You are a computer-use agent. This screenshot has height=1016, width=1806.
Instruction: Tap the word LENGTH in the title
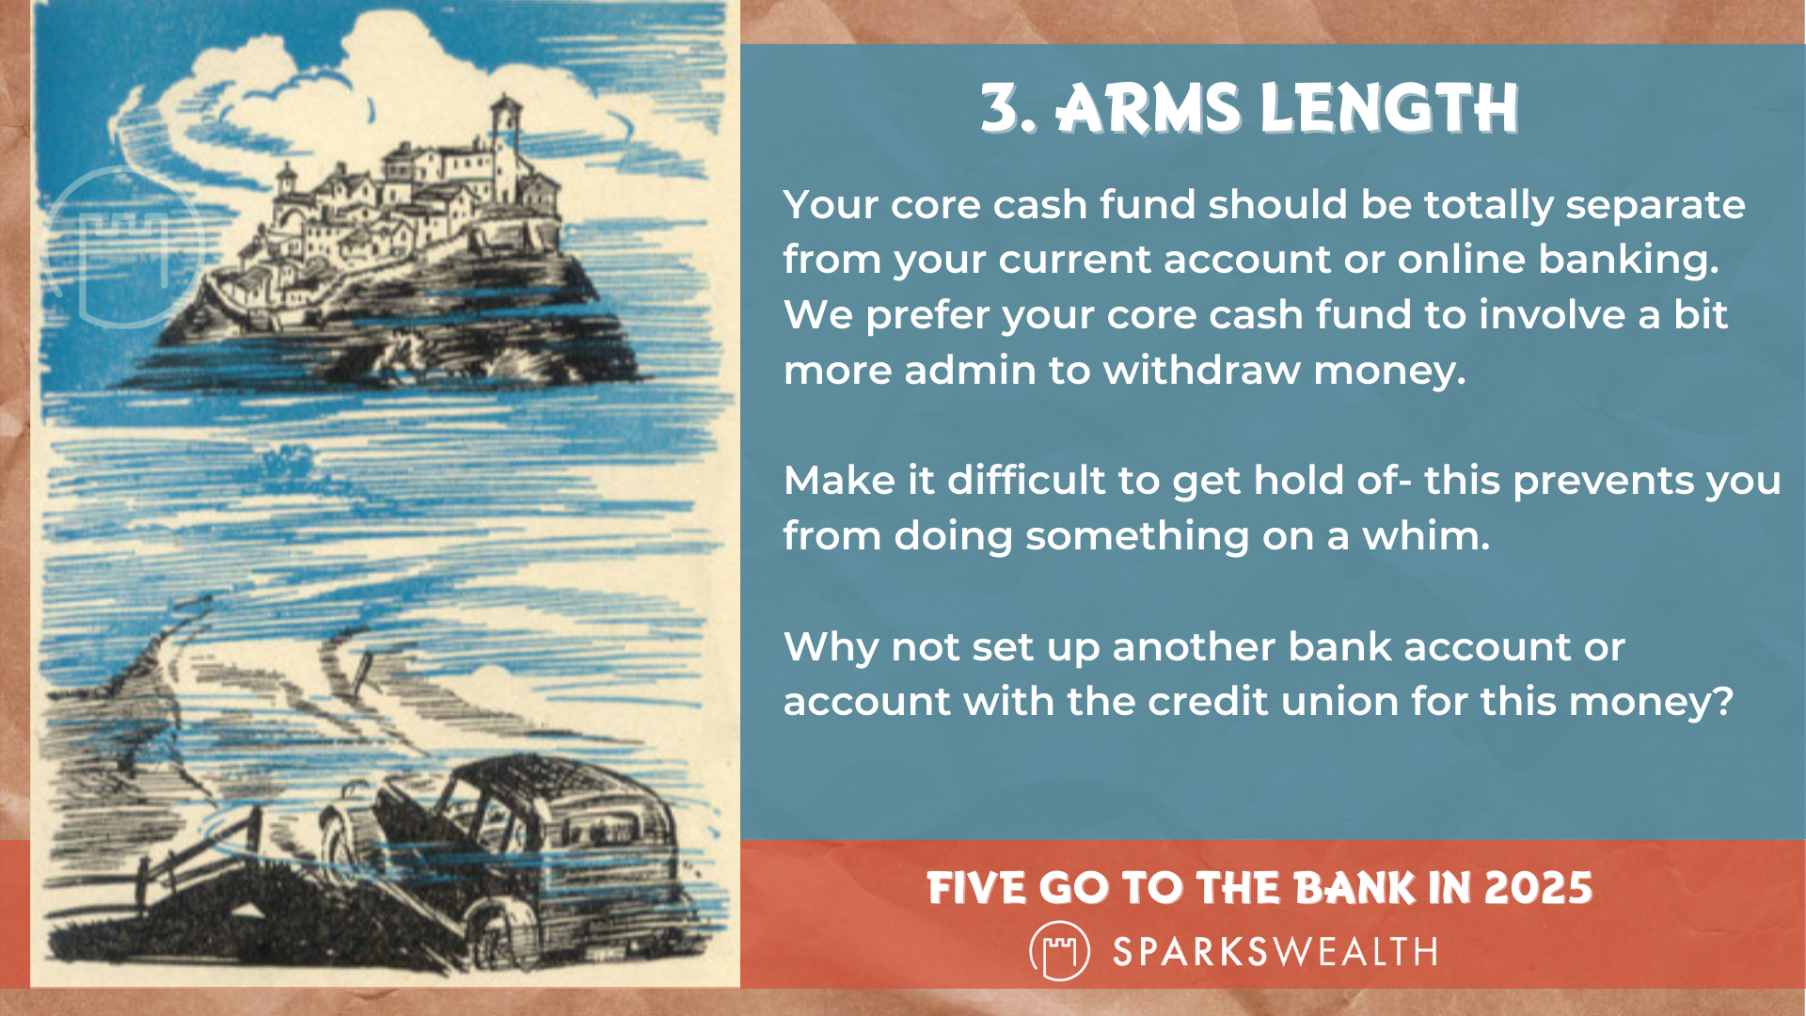click(1389, 108)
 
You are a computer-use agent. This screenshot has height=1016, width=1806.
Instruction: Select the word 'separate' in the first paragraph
click(1655, 205)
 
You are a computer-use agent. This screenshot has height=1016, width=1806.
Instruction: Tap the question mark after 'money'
click(1723, 702)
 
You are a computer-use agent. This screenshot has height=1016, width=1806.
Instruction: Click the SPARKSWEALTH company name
click(1275, 952)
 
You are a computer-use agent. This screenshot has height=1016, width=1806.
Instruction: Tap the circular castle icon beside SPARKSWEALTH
click(1060, 951)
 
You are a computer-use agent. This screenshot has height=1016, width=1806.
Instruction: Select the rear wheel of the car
click(499, 931)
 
